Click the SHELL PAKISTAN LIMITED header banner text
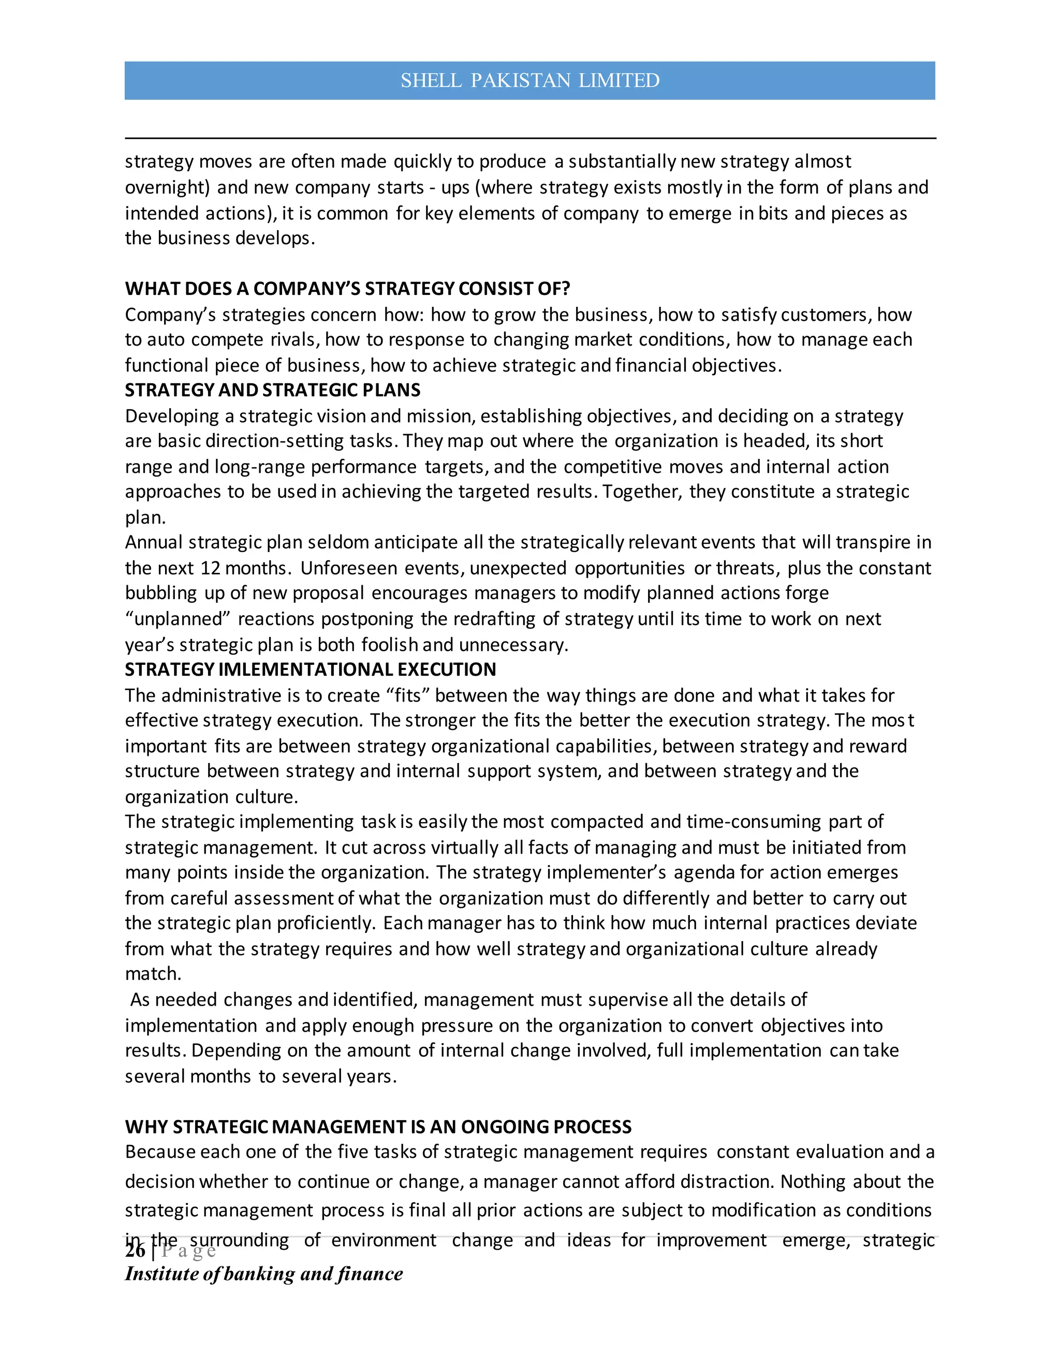pos(529,80)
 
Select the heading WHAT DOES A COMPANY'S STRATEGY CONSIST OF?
pos(347,289)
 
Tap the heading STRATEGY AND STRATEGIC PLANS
pos(273,390)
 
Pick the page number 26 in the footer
pos(135,1250)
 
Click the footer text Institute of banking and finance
pos(264,1274)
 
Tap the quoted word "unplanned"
pos(178,619)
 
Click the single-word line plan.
pos(144,518)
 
